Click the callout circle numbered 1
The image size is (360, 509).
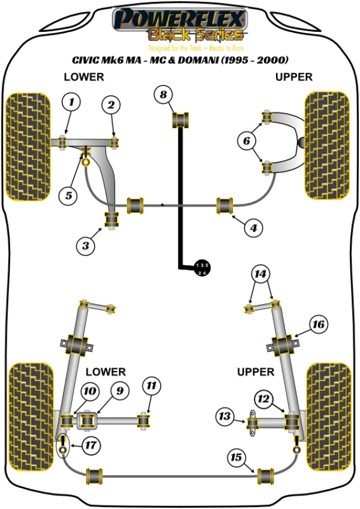[x=71, y=103]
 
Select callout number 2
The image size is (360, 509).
[x=110, y=106]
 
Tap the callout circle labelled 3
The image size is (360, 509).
[x=86, y=244]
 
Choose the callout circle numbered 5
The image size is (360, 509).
[x=68, y=194]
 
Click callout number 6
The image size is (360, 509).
[x=246, y=142]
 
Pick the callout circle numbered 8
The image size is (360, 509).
[x=163, y=94]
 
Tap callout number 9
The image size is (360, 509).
[x=119, y=391]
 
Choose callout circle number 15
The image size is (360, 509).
[x=236, y=458]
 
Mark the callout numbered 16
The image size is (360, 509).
[x=318, y=325]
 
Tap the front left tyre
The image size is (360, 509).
[x=27, y=146]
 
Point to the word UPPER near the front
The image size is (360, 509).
[x=294, y=77]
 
